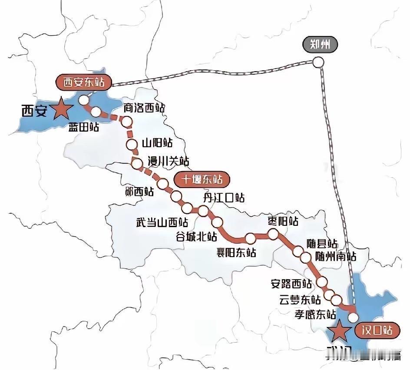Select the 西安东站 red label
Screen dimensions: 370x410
point(84,82)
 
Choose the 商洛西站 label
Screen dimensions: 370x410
point(144,108)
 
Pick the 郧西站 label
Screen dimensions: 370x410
point(139,192)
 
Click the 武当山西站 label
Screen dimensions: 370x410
point(162,223)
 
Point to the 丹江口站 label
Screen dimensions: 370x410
point(224,198)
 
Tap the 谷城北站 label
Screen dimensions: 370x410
point(196,237)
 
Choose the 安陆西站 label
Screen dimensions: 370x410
point(291,284)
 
